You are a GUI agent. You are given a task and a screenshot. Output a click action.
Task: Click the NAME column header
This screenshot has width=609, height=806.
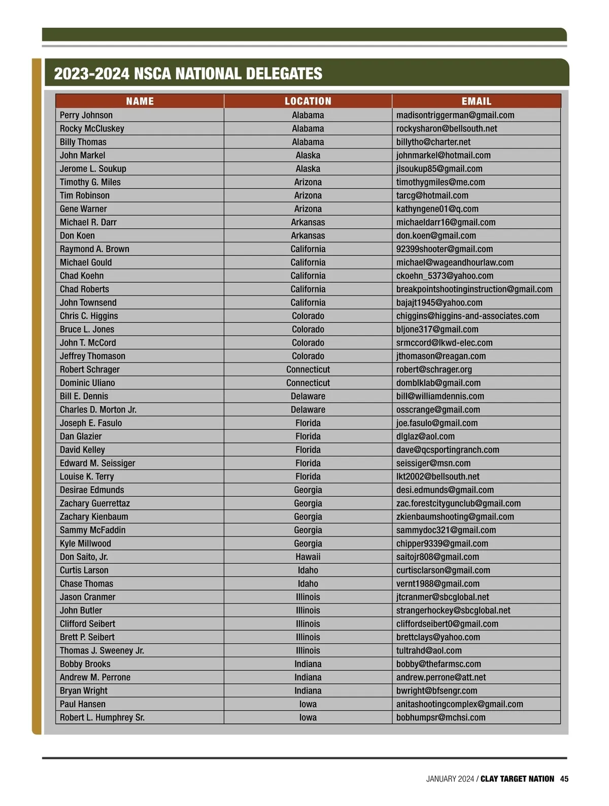(x=140, y=101)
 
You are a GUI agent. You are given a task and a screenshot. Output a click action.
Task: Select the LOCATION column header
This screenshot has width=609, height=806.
(x=308, y=101)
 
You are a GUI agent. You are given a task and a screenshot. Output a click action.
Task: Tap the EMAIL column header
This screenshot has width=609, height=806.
(x=476, y=101)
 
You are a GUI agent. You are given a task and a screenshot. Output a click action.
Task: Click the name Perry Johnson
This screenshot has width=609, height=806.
(x=86, y=115)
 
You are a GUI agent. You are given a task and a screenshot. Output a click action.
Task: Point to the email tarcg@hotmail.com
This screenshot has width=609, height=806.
(x=432, y=195)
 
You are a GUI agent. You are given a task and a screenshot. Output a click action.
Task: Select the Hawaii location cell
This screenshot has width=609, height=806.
(x=308, y=557)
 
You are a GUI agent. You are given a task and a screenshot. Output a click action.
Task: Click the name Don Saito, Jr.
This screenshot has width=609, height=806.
(x=84, y=557)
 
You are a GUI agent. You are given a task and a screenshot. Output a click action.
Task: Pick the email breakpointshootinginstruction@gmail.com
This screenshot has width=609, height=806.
(x=474, y=289)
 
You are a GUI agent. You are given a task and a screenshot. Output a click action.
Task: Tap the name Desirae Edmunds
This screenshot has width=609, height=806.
(x=92, y=490)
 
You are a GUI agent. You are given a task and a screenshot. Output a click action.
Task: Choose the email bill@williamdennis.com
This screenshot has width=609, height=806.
(x=440, y=396)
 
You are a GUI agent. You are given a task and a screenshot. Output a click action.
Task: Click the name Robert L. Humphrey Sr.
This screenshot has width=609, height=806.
(x=102, y=718)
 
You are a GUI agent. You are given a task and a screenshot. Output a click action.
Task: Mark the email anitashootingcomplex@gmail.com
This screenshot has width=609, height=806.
(x=459, y=704)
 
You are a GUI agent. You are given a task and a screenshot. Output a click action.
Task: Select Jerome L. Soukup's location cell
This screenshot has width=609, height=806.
(x=308, y=169)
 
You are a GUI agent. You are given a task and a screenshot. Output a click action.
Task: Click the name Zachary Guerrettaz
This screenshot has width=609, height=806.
(x=95, y=503)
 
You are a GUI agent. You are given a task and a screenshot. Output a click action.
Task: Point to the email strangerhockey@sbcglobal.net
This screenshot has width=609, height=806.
(x=453, y=611)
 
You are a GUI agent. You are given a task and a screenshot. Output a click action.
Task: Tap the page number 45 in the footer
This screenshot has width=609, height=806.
(x=564, y=779)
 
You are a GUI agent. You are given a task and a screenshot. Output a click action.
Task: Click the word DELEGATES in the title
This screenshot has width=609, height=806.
(x=284, y=74)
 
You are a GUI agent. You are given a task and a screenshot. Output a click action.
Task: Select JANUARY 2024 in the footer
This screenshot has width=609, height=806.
(x=450, y=779)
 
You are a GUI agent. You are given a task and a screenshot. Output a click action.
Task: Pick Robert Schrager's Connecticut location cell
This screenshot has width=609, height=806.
(x=308, y=370)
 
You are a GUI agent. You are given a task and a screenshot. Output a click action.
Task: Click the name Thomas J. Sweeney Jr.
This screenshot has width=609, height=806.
(x=102, y=651)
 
